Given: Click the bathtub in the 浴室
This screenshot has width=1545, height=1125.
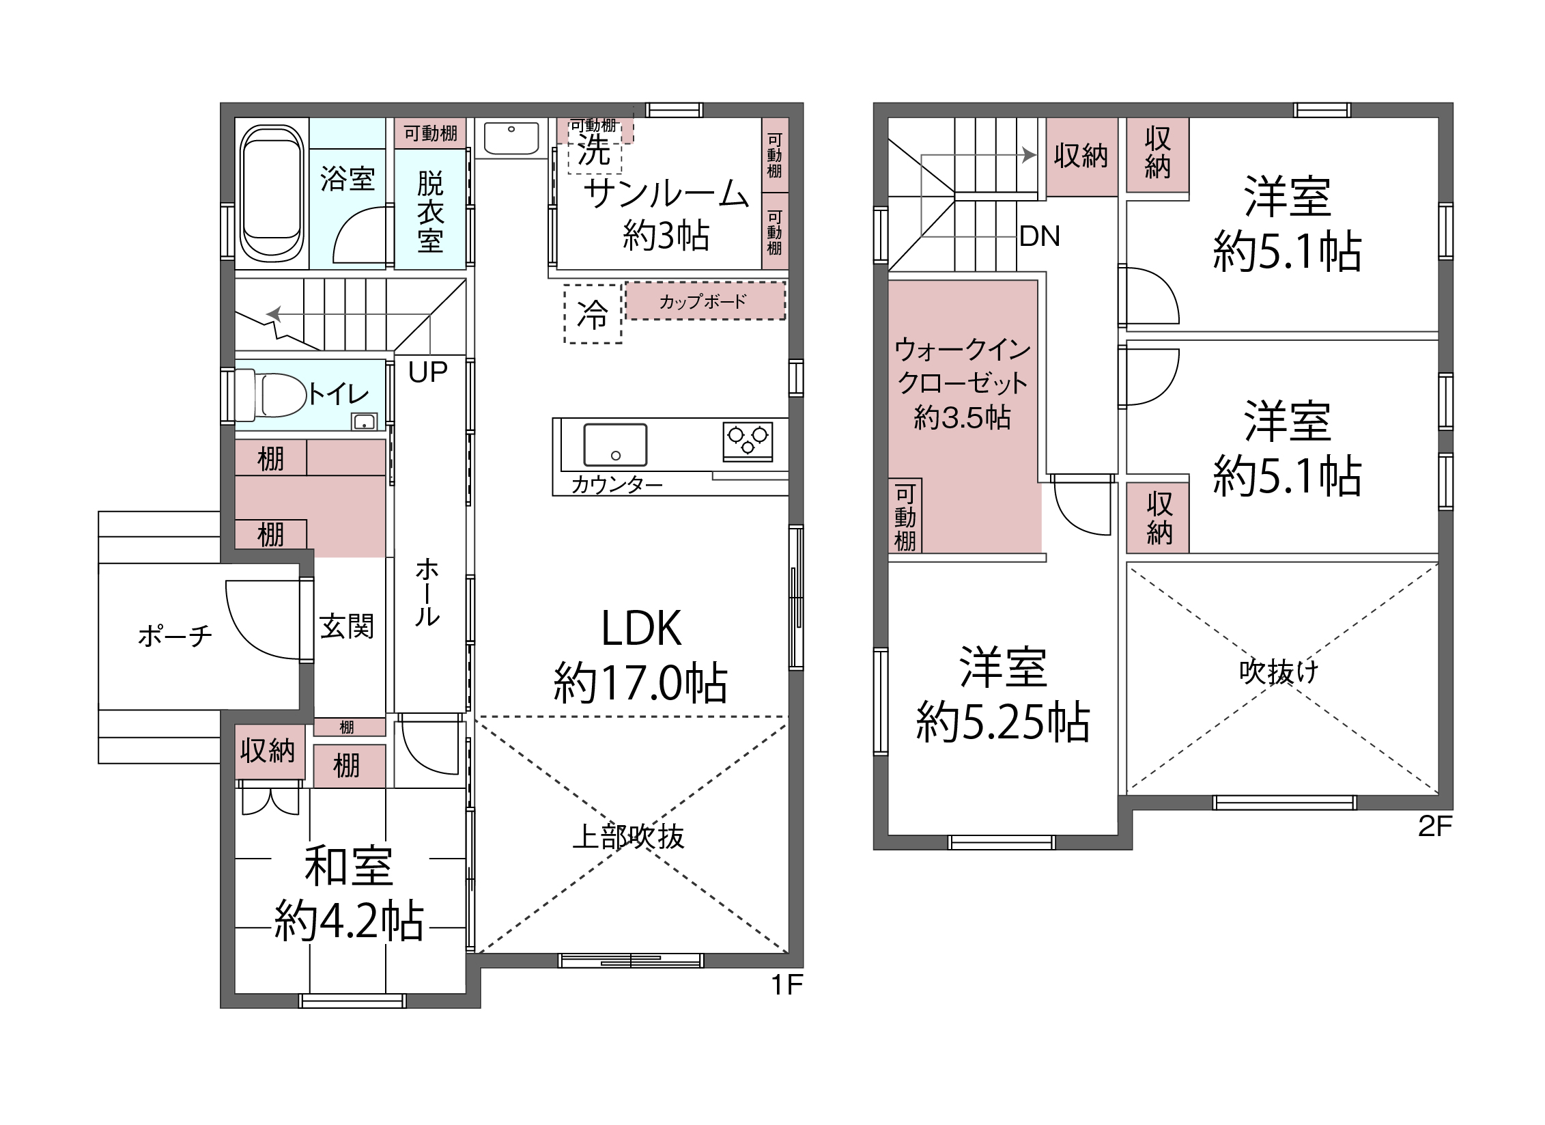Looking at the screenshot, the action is click(272, 193).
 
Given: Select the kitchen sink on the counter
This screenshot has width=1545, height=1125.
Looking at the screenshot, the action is click(615, 445).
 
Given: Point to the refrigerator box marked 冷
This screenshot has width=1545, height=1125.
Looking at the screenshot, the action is click(593, 314).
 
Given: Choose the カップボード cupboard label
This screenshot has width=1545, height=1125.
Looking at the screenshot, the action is click(703, 301).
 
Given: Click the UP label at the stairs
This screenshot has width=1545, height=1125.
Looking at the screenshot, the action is click(428, 372).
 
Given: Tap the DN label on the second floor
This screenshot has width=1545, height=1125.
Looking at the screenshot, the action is click(1040, 236).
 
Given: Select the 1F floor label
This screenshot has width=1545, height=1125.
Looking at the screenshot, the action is click(786, 985).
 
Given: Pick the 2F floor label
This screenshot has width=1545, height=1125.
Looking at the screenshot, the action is click(1435, 827).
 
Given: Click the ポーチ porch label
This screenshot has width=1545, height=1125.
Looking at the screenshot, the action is click(175, 636).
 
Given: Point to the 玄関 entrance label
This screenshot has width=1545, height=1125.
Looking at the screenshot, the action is click(347, 626).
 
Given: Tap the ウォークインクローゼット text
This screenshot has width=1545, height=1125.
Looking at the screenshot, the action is click(963, 366).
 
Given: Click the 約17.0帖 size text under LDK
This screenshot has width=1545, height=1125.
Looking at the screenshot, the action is click(641, 682).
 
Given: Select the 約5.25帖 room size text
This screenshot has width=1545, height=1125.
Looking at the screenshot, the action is click(1003, 721).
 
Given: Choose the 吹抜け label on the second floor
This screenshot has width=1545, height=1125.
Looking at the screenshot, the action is click(1279, 671).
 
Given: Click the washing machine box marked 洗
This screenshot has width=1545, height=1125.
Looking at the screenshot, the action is click(595, 150).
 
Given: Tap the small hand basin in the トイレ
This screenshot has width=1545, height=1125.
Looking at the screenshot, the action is click(364, 421).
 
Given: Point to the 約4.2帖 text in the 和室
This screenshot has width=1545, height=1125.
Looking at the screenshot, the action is click(349, 920).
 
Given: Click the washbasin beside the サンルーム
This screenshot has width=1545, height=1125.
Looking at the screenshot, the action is click(511, 139).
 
